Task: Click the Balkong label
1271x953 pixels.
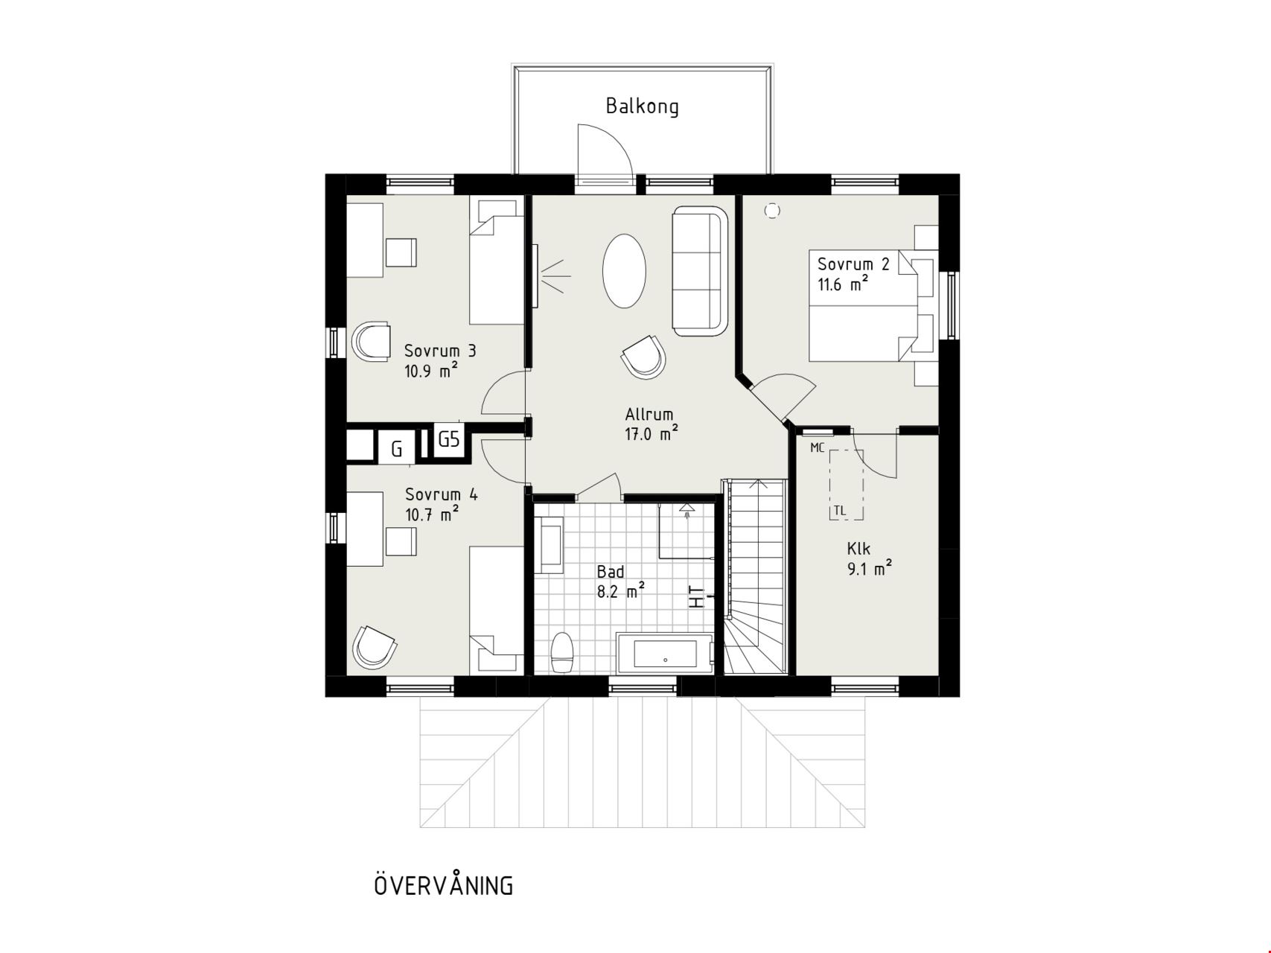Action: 642,106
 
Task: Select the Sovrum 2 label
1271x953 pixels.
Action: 853,264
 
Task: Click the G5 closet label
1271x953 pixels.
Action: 449,439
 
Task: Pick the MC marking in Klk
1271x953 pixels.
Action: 818,448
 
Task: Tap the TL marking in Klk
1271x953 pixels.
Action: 840,511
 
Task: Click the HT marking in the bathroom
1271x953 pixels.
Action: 697,596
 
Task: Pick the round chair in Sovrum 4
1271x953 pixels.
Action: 374,646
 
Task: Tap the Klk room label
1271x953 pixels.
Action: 859,549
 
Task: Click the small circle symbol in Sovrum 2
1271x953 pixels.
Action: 771,211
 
